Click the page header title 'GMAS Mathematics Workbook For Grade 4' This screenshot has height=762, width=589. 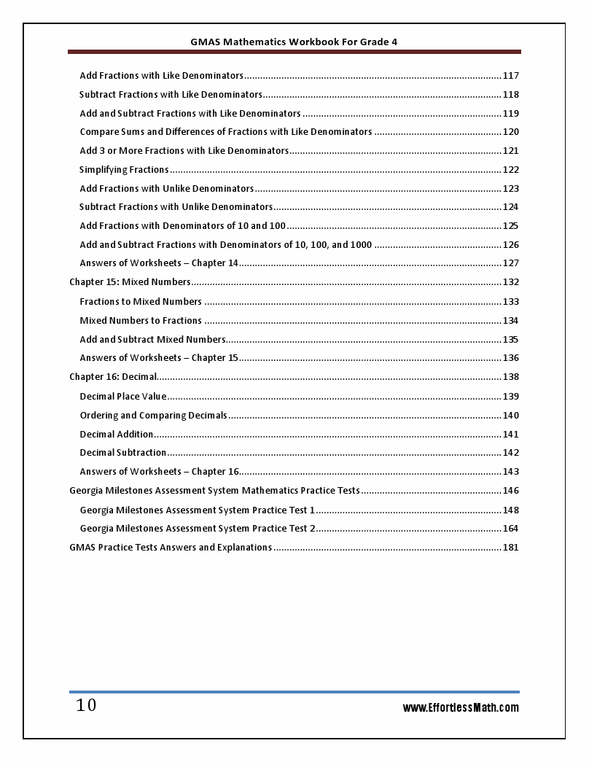294,42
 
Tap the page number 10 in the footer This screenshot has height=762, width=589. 86,705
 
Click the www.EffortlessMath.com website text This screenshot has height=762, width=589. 461,707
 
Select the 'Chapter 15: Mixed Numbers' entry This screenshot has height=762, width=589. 130,282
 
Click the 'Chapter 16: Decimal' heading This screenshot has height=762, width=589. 113,377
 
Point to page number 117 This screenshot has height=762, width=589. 511,76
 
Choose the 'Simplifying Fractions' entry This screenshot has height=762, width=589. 124,170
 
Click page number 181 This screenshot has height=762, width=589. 511,548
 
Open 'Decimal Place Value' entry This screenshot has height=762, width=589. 123,397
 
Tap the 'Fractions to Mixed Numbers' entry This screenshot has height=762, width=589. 141,302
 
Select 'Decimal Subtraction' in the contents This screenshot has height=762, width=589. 123,453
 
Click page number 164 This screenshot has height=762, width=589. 511,529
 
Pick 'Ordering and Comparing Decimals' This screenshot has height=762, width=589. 154,416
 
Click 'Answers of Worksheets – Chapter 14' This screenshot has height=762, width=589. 159,263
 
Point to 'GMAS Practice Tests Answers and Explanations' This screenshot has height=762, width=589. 171,548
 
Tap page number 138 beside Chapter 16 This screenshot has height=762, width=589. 511,377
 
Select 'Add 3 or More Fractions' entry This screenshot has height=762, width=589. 184,151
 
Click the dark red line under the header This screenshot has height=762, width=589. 294,52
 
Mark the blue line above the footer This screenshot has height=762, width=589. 294,691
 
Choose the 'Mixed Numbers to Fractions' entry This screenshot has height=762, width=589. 141,321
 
